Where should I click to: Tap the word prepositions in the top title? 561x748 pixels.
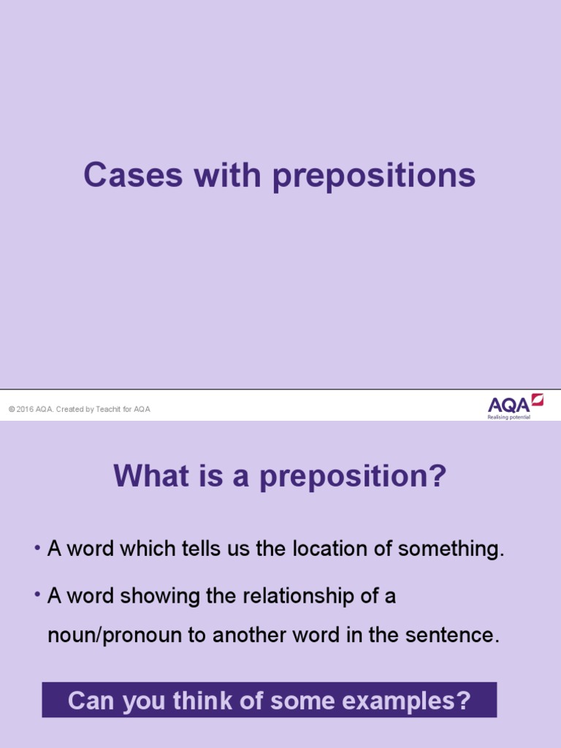click(374, 177)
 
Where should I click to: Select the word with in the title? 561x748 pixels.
click(222, 175)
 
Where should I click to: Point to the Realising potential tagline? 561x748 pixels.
click(509, 417)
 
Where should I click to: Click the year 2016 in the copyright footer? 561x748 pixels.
click(25, 410)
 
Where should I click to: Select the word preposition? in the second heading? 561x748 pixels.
click(353, 478)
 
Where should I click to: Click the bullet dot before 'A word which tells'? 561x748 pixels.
click(37, 548)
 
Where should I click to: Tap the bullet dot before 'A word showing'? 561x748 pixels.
click(37, 595)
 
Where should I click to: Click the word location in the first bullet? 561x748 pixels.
click(328, 549)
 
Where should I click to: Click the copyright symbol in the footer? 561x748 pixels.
click(12, 410)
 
